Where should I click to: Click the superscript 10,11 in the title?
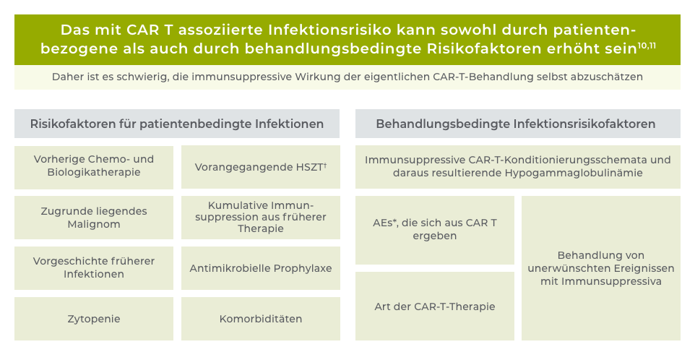[647, 45]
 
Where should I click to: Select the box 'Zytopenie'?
[94, 319]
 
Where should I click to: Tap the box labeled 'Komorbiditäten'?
[261, 319]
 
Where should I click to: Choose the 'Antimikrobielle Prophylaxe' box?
[261, 268]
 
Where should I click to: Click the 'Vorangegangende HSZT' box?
[261, 167]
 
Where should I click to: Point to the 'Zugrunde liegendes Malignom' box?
[94, 218]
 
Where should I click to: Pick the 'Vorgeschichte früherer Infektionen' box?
[94, 268]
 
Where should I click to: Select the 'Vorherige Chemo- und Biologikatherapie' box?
[94, 167]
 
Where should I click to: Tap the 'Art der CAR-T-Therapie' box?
[435, 307]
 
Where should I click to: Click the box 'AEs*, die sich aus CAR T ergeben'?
[435, 230]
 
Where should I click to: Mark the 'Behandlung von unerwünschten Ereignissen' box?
[601, 268]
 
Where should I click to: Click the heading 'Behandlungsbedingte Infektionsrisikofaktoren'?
[516, 124]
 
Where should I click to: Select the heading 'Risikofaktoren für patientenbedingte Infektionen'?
[177, 124]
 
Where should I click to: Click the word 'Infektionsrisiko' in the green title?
[329, 30]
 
